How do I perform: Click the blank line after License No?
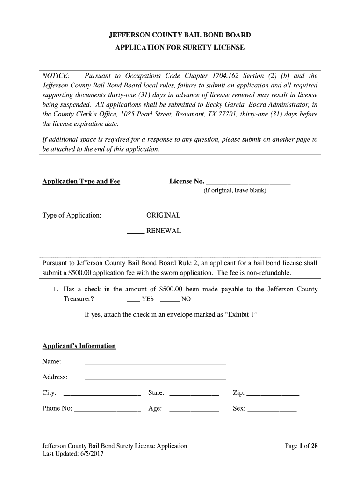pyautogui.click(x=248, y=182)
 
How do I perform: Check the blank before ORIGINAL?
pyautogui.click(x=136, y=217)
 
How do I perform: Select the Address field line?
pyautogui.click(x=155, y=378)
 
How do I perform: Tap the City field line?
pyautogui.click(x=102, y=394)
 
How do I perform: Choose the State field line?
pyautogui.click(x=194, y=394)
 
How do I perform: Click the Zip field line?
pyautogui.click(x=273, y=394)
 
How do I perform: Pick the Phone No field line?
pyautogui.click(x=108, y=410)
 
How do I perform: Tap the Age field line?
pyautogui.click(x=194, y=410)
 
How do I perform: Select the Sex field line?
pyautogui.click(x=272, y=410)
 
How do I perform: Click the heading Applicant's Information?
pyautogui.click(x=79, y=346)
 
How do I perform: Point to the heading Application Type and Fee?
pyautogui.click(x=81, y=181)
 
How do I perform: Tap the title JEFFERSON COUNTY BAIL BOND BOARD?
pyautogui.click(x=180, y=35)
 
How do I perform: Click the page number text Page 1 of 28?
pyautogui.click(x=302, y=446)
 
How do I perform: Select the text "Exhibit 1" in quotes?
pyautogui.click(x=241, y=314)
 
